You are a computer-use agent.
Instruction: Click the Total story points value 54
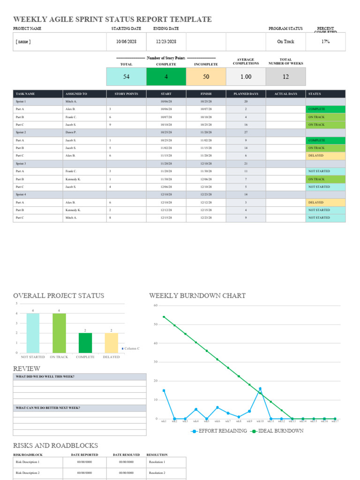[x=126, y=76]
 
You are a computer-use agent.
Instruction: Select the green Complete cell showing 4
[x=166, y=76]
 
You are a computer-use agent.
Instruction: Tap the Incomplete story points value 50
[x=206, y=76]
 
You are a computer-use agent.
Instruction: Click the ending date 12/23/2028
[x=166, y=42]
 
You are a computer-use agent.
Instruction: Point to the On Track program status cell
[x=285, y=42]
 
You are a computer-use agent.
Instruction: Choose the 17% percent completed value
[x=325, y=42]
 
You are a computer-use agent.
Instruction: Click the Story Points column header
[x=126, y=94]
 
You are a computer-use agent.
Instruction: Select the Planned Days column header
[x=246, y=94]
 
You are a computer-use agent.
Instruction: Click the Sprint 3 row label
[x=21, y=164]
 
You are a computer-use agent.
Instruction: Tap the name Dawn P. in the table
[x=71, y=133]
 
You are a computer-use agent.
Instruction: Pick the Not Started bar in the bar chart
[x=33, y=333]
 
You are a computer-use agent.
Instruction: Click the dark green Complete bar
[x=85, y=343]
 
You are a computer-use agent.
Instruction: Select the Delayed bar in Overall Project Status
[x=112, y=343]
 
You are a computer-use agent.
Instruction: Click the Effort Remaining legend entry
[x=219, y=431]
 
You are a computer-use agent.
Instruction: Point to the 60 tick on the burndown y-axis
[x=156, y=306]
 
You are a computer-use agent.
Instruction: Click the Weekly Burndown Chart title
[x=197, y=296]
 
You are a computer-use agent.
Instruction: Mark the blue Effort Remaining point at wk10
[x=260, y=389]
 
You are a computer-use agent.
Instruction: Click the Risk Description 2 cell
[x=28, y=473]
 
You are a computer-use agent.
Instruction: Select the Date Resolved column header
[x=126, y=455]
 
